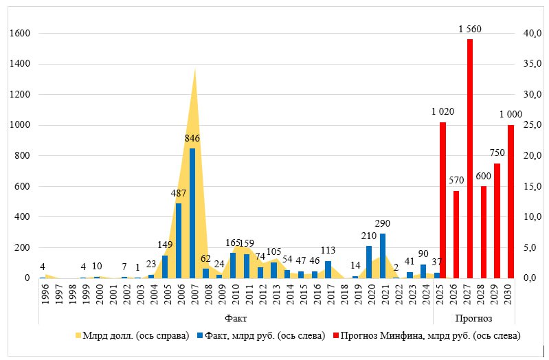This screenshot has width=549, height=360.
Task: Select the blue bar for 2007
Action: coord(192,213)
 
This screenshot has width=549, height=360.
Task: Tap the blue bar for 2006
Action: coord(179,240)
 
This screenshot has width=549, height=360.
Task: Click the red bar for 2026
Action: coord(456,234)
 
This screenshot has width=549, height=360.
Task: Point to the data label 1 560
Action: coord(470,29)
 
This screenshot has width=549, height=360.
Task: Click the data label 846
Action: coord(192,138)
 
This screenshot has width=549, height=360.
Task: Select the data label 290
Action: coord(383,223)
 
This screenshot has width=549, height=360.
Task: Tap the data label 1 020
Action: coord(442,111)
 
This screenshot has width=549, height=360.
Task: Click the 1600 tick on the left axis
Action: coord(22,34)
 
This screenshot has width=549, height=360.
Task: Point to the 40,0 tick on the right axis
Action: coord(533,34)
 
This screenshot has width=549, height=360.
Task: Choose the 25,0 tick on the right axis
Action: coord(533,125)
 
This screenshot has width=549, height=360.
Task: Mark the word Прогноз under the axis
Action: coord(473,319)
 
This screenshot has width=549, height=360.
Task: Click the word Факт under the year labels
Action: coord(236,319)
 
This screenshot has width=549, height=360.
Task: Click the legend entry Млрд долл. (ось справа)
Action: coord(131,336)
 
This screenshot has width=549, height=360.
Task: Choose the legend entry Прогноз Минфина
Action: coord(426,336)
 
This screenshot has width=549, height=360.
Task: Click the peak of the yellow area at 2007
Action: coord(195,69)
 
